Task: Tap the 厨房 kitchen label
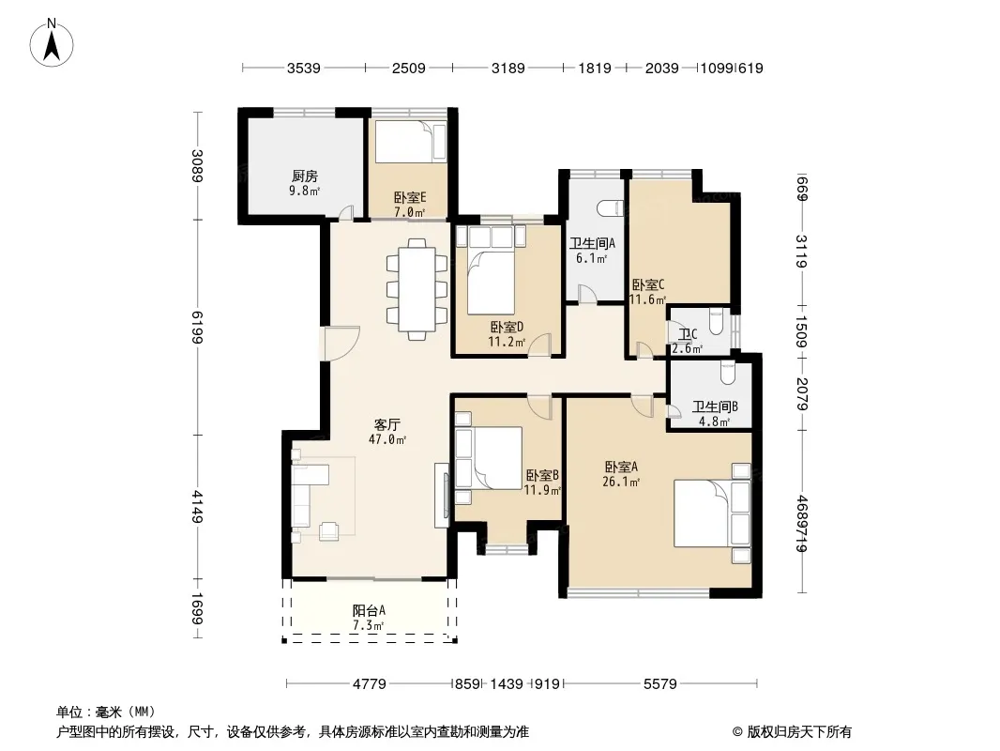305,176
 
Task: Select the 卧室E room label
410,198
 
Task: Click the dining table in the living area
417,289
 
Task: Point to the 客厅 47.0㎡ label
387,432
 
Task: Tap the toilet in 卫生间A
610,208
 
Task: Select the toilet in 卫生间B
728,374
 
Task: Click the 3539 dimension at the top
304,69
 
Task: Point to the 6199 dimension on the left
198,328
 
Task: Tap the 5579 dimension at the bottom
660,684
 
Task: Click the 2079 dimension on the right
802,394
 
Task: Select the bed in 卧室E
410,141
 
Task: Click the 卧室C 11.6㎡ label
648,292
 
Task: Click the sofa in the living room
310,496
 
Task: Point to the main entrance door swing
341,344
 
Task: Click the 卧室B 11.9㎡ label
543,483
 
